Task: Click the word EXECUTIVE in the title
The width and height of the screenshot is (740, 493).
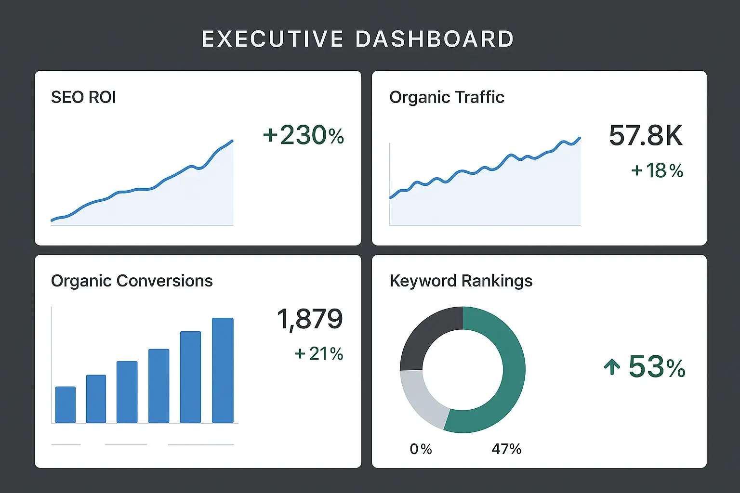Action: point(272,39)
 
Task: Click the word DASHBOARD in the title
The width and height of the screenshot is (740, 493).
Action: point(435,39)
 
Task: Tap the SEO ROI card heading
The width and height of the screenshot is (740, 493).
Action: point(83,97)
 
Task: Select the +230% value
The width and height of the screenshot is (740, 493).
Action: point(304,135)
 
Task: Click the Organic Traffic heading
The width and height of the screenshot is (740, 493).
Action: point(447,97)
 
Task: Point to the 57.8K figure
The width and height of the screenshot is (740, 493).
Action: point(646,136)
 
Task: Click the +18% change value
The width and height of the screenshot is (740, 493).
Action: point(657,171)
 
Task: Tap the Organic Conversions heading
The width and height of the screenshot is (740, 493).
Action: point(132,281)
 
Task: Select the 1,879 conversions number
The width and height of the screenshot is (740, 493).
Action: point(310,319)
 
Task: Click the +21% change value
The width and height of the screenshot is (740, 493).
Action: point(319,354)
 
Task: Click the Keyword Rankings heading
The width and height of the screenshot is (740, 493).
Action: point(461,281)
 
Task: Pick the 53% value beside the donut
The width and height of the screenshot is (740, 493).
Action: point(657,367)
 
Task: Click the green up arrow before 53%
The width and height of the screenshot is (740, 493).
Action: point(612,367)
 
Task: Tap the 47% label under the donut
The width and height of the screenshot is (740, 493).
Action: point(506,449)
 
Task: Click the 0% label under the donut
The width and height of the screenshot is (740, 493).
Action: point(421,449)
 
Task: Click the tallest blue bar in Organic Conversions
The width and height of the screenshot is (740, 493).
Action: point(223,370)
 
